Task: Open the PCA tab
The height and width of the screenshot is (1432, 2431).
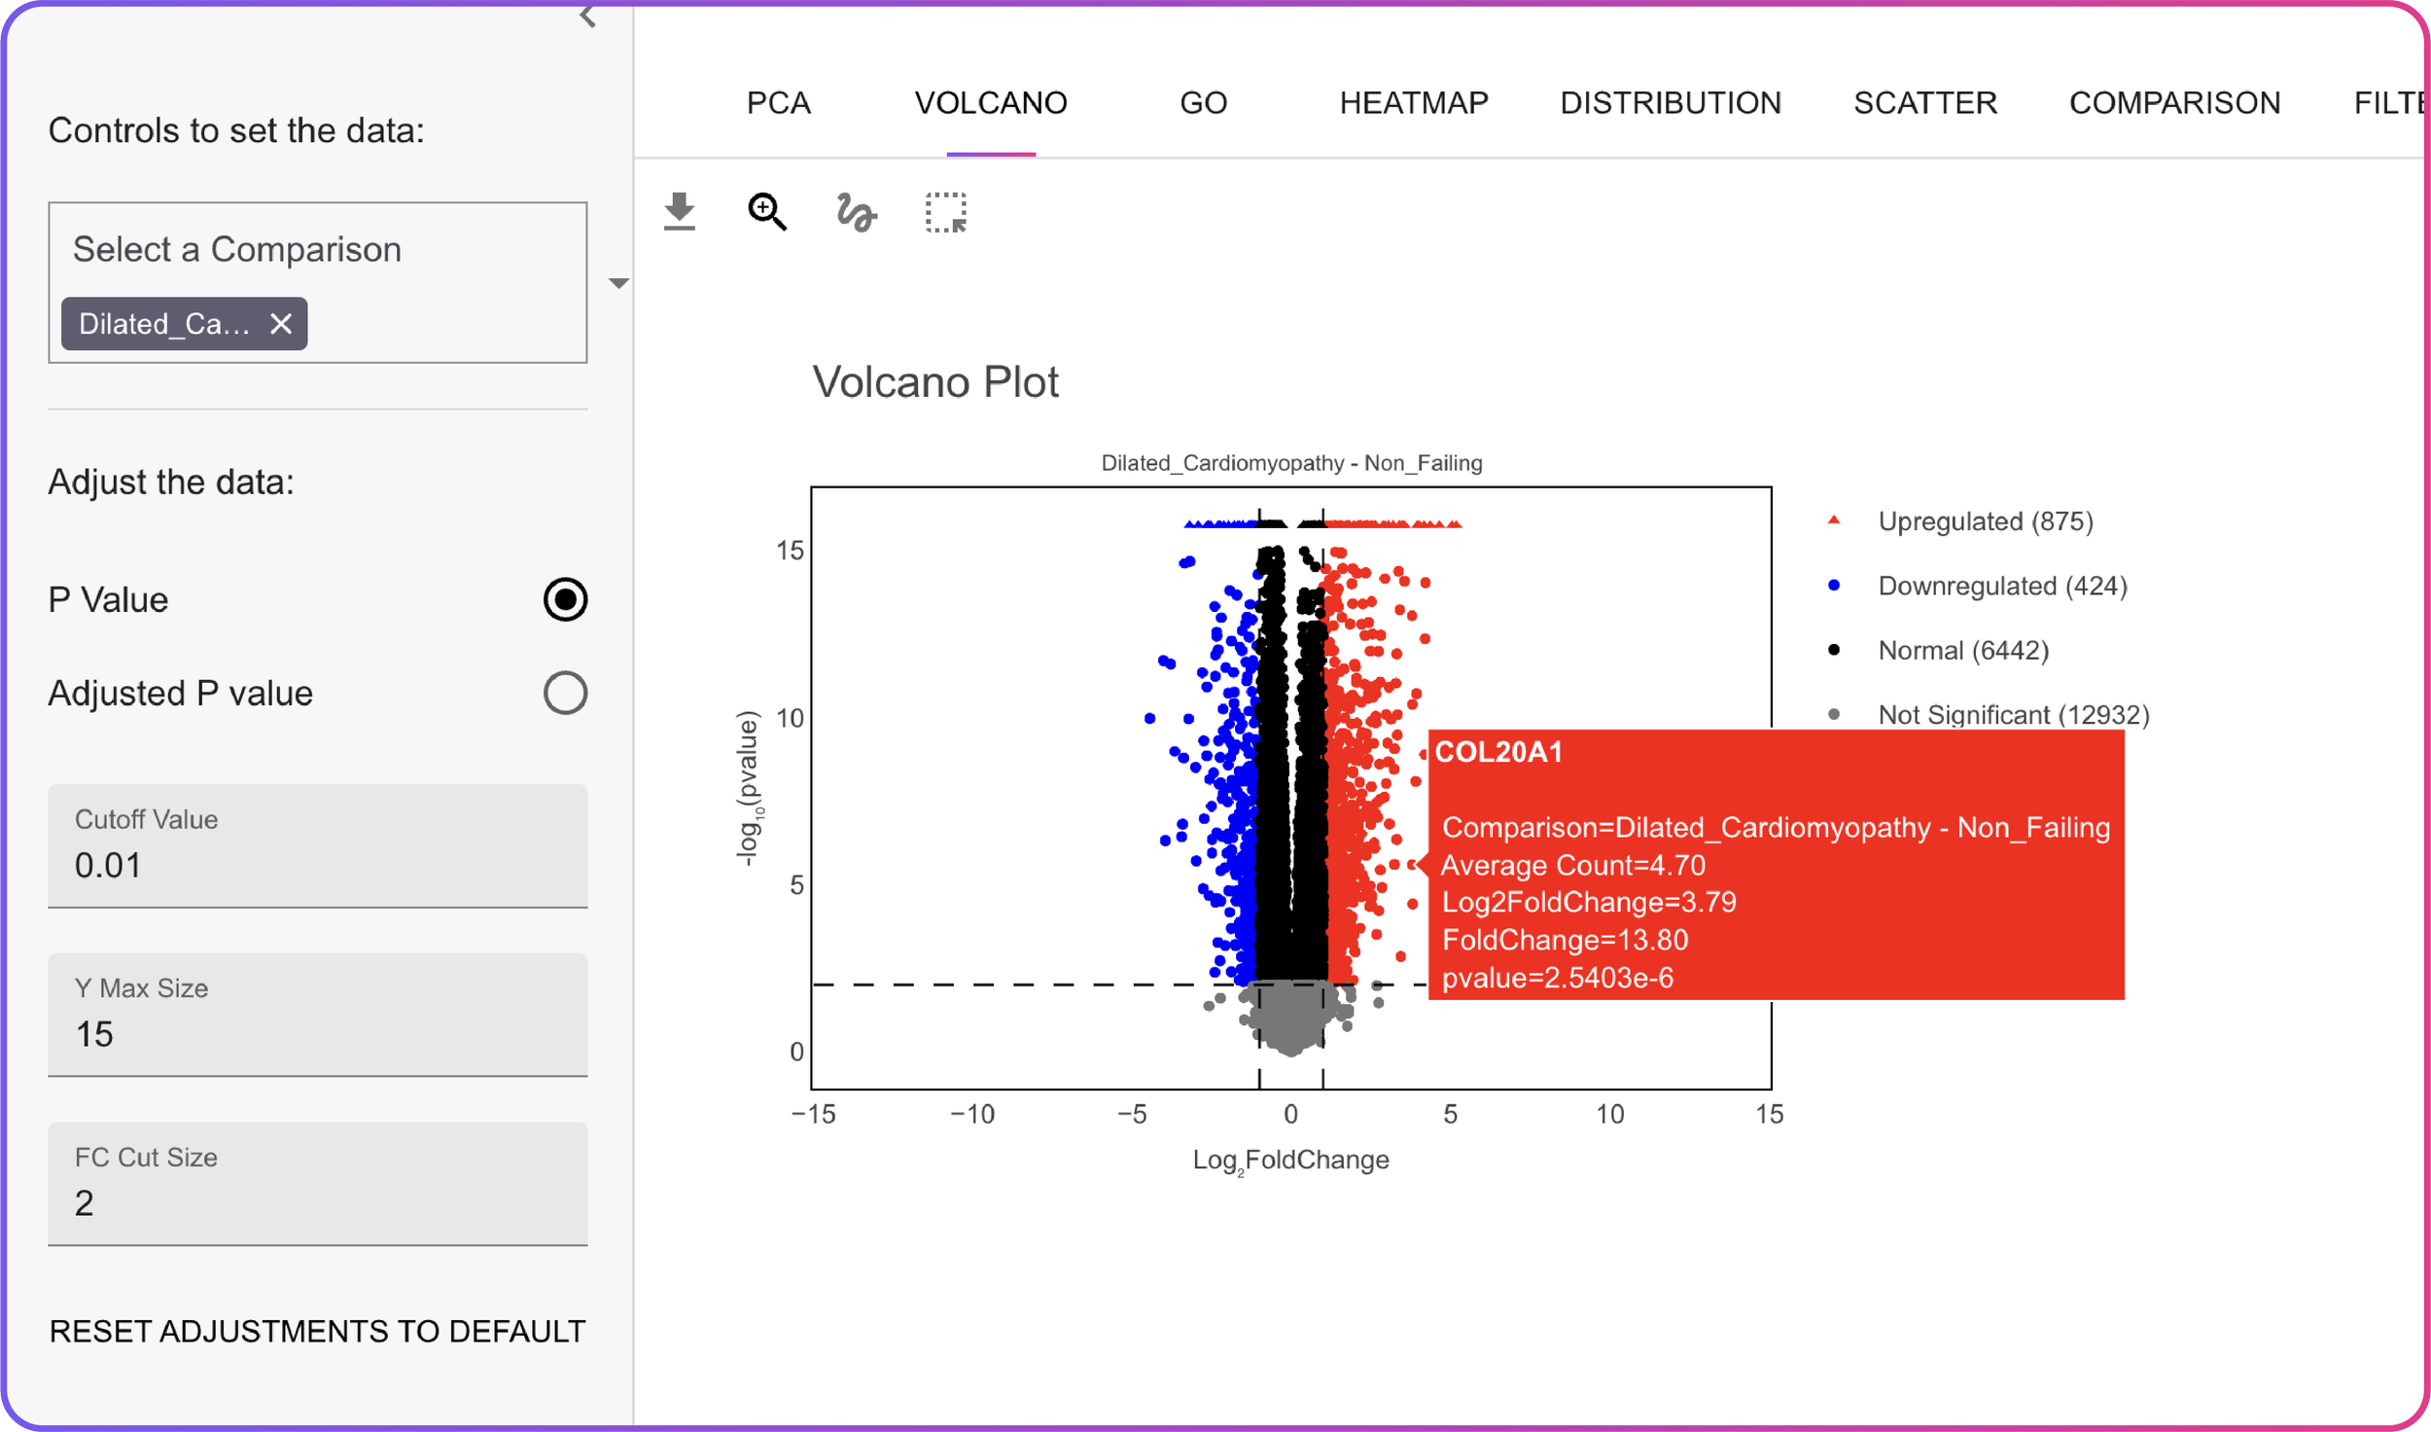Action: (x=778, y=103)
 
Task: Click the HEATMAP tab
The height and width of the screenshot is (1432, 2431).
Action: (x=1413, y=103)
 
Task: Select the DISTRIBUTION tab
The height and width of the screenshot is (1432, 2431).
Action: (x=1670, y=103)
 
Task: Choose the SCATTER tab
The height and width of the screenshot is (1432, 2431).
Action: (x=1924, y=103)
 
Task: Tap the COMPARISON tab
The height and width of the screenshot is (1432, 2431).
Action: (x=2173, y=103)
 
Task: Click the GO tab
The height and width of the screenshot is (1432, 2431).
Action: (x=1203, y=103)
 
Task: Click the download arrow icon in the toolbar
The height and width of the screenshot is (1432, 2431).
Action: (x=680, y=211)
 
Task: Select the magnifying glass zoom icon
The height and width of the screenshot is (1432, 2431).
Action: (x=766, y=211)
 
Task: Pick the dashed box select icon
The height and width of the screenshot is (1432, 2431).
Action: (x=945, y=212)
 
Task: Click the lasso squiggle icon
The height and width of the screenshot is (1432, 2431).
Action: (x=856, y=212)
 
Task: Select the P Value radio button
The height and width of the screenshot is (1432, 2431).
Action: (x=565, y=599)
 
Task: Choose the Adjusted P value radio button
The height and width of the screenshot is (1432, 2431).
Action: (x=565, y=694)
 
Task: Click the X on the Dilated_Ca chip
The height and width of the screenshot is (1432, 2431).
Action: (x=281, y=324)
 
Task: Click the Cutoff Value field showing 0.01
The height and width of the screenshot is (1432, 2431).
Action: (x=317, y=864)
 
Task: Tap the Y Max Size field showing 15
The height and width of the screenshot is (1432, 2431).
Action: (x=317, y=1033)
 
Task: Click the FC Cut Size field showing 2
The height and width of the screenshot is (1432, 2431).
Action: (x=317, y=1202)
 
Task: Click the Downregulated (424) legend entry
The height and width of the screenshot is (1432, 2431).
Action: (x=2001, y=586)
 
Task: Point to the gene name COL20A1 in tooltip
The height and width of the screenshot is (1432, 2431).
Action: (x=1498, y=752)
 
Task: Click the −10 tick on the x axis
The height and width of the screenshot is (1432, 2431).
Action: (x=972, y=1115)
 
